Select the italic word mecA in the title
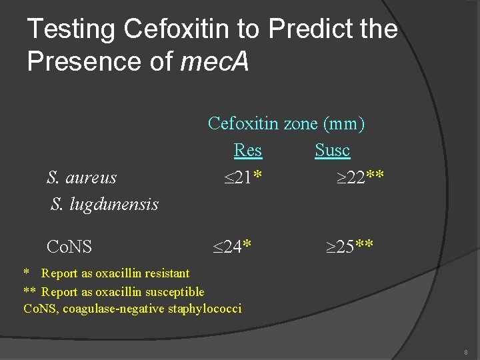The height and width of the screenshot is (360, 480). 215,61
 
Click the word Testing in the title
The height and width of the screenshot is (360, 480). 71,29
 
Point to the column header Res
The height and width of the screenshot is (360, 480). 248,151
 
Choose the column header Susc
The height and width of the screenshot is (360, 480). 332,151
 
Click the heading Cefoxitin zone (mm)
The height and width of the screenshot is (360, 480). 287,123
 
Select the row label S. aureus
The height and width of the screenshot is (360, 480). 81,177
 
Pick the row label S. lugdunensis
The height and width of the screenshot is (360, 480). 105,204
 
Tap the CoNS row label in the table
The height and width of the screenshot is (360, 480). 69,247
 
